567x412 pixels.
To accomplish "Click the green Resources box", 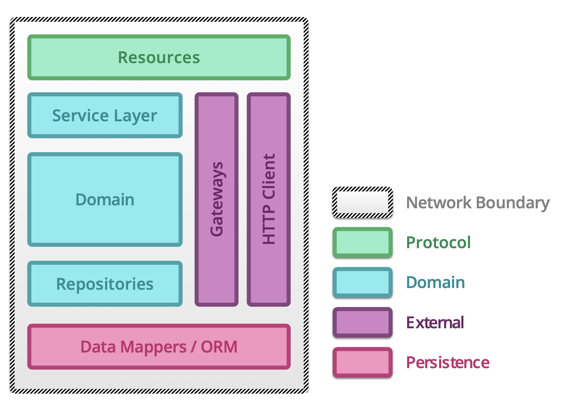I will click(x=159, y=57).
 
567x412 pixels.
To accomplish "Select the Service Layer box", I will click(x=105, y=115).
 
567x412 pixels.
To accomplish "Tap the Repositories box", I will click(x=105, y=284).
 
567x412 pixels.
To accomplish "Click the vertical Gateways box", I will click(x=216, y=199).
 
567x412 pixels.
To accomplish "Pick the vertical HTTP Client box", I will click(x=269, y=199).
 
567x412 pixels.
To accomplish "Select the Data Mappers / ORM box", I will click(x=159, y=347).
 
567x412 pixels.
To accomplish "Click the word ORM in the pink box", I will click(x=219, y=347).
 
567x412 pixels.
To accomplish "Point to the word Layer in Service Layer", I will click(x=135, y=116).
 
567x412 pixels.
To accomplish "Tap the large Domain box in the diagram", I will click(x=105, y=199).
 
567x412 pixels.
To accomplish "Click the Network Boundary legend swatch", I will click(x=363, y=202).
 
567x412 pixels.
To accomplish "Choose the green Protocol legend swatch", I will click(x=363, y=243).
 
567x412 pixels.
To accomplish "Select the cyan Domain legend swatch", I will click(x=363, y=282).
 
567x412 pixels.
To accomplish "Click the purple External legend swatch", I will click(x=363, y=322).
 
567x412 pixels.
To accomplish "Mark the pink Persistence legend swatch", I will click(x=363, y=362).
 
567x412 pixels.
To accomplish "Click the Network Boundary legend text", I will click(x=478, y=203).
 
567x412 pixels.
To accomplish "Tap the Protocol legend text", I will click(x=438, y=243).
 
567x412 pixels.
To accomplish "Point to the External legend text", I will click(x=435, y=322).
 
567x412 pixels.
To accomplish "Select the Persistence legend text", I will click(x=447, y=362).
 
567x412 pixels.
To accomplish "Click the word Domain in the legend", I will click(x=435, y=282).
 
